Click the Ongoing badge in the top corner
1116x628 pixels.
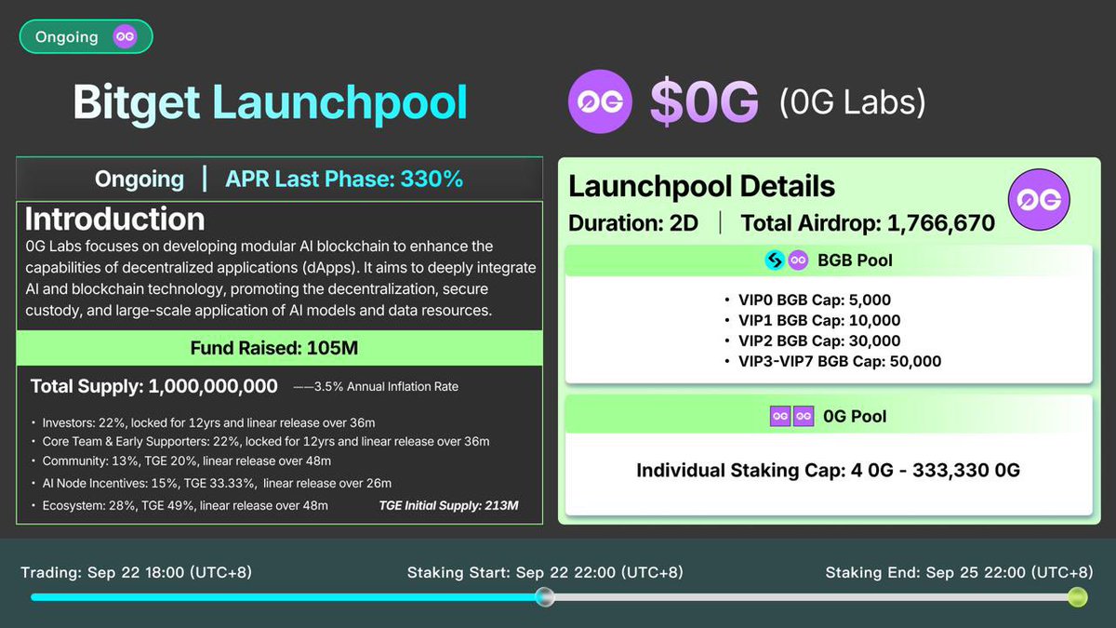(86, 37)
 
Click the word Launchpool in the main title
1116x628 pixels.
(339, 102)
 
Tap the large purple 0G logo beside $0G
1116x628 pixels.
(600, 102)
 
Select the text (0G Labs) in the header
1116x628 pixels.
(852, 101)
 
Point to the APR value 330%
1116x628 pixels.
(432, 179)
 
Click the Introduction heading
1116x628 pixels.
(115, 220)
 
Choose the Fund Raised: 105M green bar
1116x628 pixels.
(274, 349)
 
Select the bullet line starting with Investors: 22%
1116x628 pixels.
(208, 422)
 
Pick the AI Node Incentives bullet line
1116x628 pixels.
(216, 483)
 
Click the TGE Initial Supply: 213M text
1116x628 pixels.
(448, 506)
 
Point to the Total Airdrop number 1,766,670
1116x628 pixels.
(940, 222)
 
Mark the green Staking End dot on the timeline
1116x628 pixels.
(1077, 597)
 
